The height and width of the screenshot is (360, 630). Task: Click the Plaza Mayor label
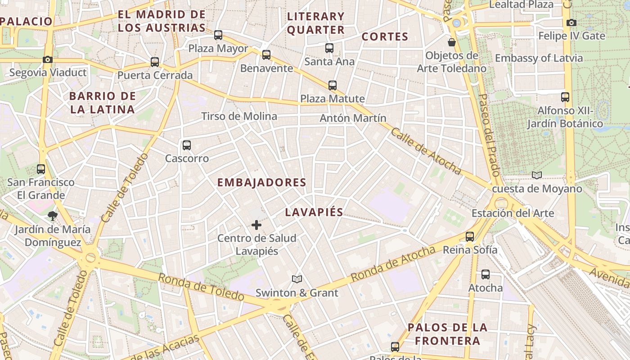(218, 48)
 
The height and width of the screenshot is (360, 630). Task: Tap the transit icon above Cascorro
(187, 145)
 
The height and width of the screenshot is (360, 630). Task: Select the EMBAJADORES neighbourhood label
(261, 182)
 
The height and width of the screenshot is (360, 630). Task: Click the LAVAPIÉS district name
(314, 212)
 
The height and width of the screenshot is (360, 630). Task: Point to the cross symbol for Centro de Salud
(256, 225)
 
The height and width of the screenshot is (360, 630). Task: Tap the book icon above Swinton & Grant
(297, 279)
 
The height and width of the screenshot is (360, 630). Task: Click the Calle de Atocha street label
(426, 151)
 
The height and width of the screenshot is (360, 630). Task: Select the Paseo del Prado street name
(489, 135)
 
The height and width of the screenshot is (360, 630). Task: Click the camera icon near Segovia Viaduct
(48, 59)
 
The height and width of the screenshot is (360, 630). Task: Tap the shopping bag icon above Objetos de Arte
(451, 42)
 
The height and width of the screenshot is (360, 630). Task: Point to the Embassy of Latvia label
(539, 58)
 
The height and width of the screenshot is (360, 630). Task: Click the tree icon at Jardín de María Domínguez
(53, 216)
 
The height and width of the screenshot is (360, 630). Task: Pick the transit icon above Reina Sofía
(470, 236)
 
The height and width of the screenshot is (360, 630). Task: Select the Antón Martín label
(353, 118)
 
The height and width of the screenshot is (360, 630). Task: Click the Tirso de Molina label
(239, 116)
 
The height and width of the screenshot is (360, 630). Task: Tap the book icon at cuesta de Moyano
(536, 175)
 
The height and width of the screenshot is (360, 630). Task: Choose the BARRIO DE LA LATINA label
(102, 103)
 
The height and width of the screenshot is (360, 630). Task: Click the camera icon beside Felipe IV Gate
(571, 22)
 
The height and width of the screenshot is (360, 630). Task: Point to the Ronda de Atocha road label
(392, 264)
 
